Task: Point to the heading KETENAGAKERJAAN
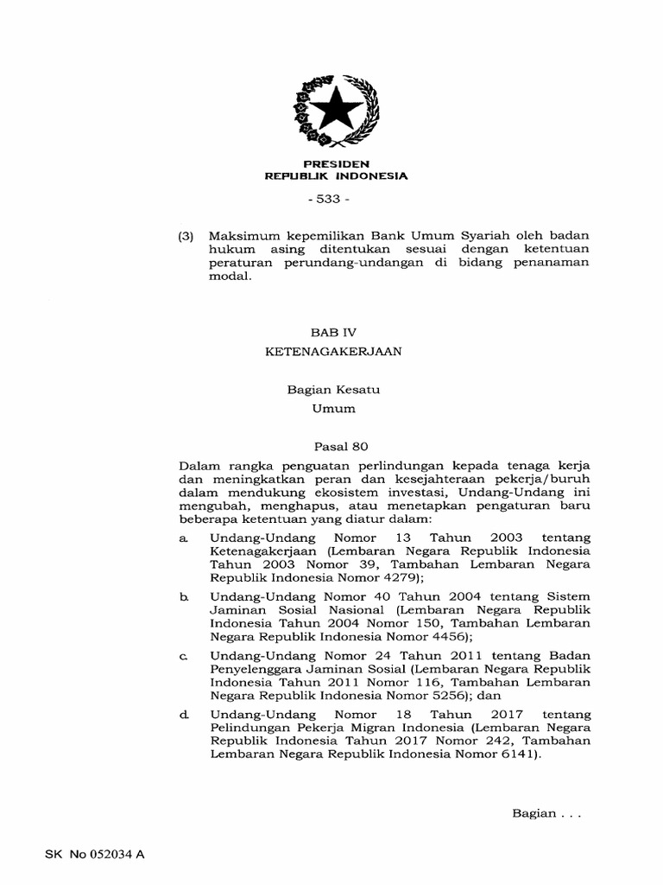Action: [332, 352]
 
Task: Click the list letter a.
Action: [183, 538]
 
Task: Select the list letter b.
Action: [183, 596]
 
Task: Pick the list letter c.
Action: [183, 656]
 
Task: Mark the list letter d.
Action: [183, 715]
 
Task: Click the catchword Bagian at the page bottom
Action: [534, 813]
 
